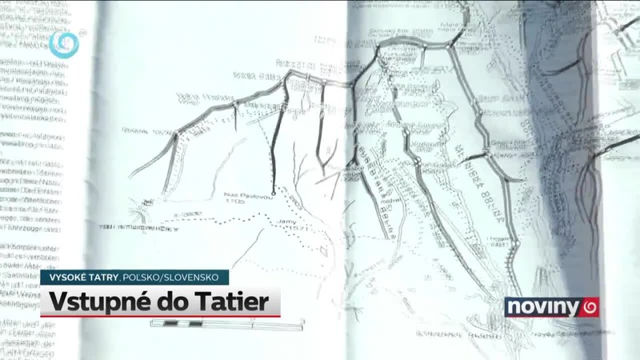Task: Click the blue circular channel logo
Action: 63,43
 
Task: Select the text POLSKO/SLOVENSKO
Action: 170,277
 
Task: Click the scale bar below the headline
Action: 227,324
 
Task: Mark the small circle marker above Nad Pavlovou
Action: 273,194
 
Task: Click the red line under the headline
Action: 160,317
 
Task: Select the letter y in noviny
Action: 574,308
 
